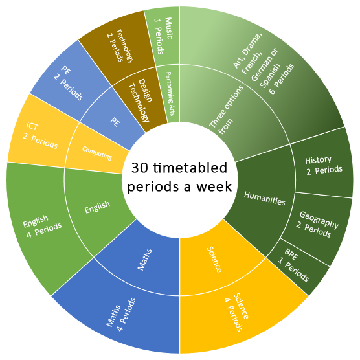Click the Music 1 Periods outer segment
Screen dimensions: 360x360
coord(163,37)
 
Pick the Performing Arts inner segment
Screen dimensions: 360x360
coord(170,94)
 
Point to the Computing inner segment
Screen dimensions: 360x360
coord(97,153)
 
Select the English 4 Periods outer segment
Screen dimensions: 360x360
coord(41,226)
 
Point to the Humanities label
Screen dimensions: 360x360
coord(264,198)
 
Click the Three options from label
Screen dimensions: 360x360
coord(226,110)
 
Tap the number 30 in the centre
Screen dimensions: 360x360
coord(140,168)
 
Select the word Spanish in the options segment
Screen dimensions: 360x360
coord(270,76)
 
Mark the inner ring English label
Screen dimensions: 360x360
coord(97,207)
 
